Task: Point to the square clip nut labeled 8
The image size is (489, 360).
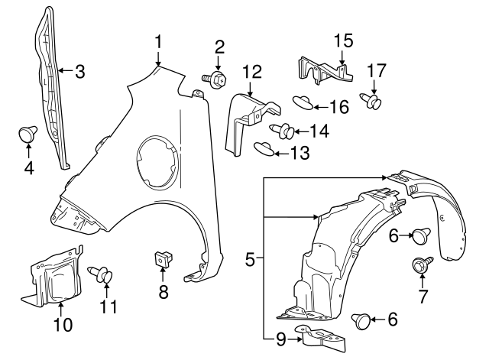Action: [161, 260]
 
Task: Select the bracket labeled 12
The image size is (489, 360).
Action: [248, 115]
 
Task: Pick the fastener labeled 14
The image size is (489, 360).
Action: [281, 131]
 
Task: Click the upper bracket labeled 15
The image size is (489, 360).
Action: [324, 70]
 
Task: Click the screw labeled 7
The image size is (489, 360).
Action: [419, 265]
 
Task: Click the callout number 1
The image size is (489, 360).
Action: [158, 40]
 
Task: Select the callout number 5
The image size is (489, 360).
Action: [250, 261]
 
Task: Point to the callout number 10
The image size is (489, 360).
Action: [63, 325]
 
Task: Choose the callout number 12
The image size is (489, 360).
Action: [252, 73]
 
